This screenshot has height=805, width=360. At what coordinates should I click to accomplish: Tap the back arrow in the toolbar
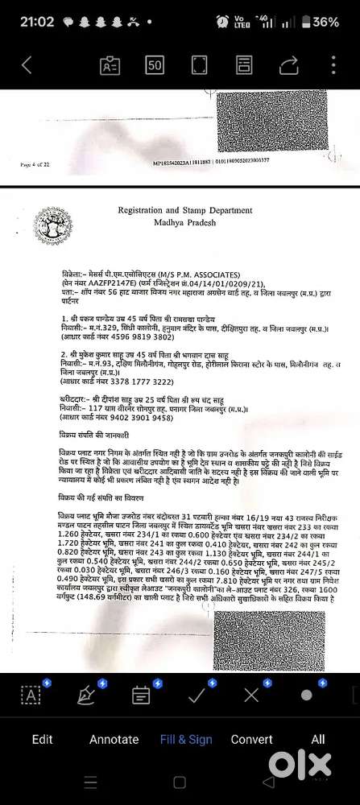pyautogui.click(x=27, y=64)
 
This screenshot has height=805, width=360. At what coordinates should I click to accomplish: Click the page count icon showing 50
pyautogui.click(x=155, y=64)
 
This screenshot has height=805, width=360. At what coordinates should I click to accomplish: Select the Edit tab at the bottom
pyautogui.click(x=43, y=739)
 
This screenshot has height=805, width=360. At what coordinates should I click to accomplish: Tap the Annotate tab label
pyautogui.click(x=114, y=739)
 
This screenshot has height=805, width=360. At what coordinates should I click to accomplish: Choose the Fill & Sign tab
pyautogui.click(x=186, y=739)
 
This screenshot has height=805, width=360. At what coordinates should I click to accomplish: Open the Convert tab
pyautogui.click(x=252, y=739)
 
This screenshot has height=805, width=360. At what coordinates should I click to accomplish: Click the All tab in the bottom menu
pyautogui.click(x=318, y=739)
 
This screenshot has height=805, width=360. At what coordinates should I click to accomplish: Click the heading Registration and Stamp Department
pyautogui.click(x=184, y=211)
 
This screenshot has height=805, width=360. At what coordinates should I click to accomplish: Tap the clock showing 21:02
pyautogui.click(x=25, y=23)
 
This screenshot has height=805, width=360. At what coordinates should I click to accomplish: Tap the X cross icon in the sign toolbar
pyautogui.click(x=251, y=694)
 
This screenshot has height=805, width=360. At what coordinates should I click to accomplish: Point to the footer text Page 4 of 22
pyautogui.click(x=35, y=164)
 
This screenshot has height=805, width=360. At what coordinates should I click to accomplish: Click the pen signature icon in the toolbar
pyautogui.click(x=85, y=695)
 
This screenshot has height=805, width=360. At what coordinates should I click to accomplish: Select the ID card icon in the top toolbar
pyautogui.click(x=110, y=64)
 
